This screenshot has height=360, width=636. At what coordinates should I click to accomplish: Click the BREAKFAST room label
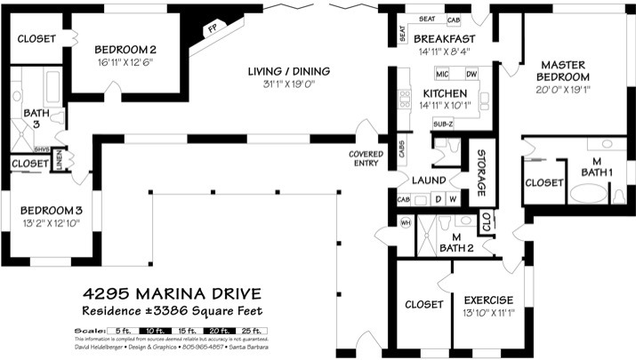pos(444,39)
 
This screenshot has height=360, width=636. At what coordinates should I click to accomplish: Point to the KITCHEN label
pos(445,93)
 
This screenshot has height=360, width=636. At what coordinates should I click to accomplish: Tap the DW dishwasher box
pos(471,74)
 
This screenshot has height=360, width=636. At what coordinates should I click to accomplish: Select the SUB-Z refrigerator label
pos(444,124)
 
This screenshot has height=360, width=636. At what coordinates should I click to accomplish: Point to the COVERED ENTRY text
pos(365,158)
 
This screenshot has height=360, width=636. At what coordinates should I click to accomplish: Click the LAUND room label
pos(429,180)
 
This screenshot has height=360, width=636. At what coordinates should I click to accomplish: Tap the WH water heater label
pos(406,223)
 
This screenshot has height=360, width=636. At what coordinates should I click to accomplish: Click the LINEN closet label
pos(58,160)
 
